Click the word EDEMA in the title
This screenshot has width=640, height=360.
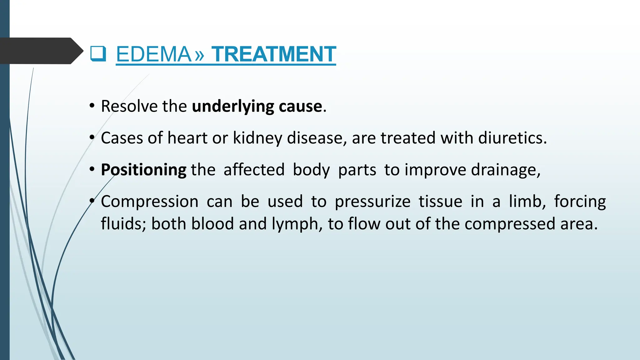click(153, 54)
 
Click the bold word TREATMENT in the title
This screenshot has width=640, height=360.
click(273, 54)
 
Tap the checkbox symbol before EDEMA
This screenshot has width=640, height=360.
click(98, 54)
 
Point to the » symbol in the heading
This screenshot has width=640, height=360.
click(199, 55)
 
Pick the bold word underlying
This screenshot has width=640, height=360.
click(233, 107)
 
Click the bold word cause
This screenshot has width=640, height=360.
click(300, 107)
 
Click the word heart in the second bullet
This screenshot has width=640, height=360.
click(187, 138)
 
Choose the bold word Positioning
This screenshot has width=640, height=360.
click(143, 170)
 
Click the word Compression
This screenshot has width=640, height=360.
click(149, 202)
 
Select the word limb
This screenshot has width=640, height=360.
click(527, 201)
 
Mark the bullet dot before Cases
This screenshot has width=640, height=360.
click(92, 138)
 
